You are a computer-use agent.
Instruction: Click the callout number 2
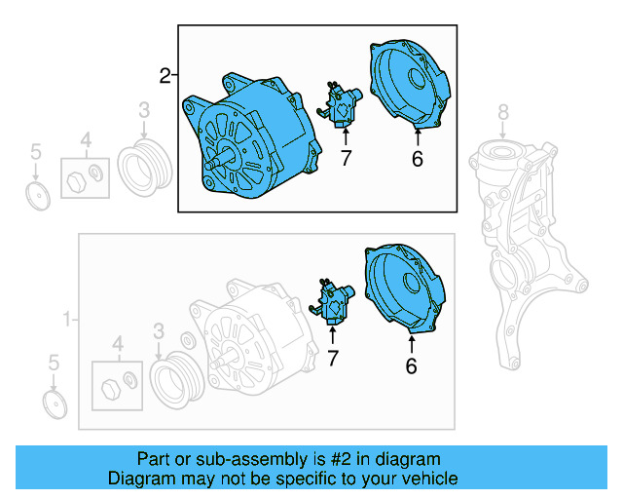(x=165, y=75)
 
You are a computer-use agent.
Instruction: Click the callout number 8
(x=503, y=111)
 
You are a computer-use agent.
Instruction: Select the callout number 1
(x=67, y=319)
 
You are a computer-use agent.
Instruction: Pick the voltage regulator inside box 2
(x=343, y=106)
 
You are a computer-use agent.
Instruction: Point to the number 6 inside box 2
(x=417, y=159)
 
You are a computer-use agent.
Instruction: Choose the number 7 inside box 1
(x=333, y=359)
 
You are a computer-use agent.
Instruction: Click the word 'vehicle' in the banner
(x=424, y=479)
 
